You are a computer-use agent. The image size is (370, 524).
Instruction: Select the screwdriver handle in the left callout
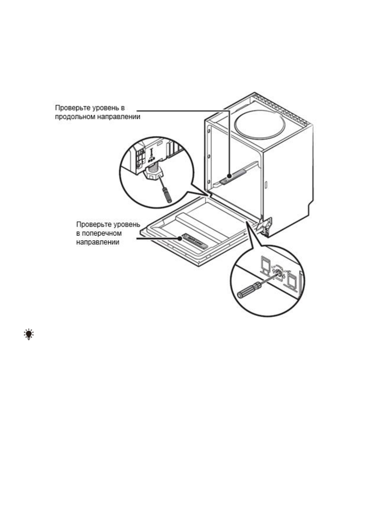(x=167, y=195)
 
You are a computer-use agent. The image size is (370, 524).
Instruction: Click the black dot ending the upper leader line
(x=229, y=176)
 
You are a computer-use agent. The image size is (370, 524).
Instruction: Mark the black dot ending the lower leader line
(x=180, y=239)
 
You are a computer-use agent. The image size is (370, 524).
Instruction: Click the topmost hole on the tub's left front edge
(x=209, y=130)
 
